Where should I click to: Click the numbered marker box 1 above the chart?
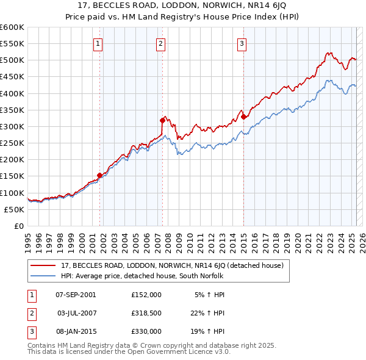tap(98, 43)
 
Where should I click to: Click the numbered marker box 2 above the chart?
tap(160, 43)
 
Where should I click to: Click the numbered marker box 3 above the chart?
tap(242, 43)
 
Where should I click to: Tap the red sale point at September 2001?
tap(100, 175)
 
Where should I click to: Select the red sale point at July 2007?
tap(163, 120)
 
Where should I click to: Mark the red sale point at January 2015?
tap(243, 117)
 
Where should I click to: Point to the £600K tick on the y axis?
tap(12, 27)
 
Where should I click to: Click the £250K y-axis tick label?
tap(12, 143)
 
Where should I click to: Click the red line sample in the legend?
tap(43, 266)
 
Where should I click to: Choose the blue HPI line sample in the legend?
tap(43, 276)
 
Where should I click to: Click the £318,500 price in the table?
tap(146, 312)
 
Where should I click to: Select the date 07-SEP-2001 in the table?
tap(76, 295)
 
